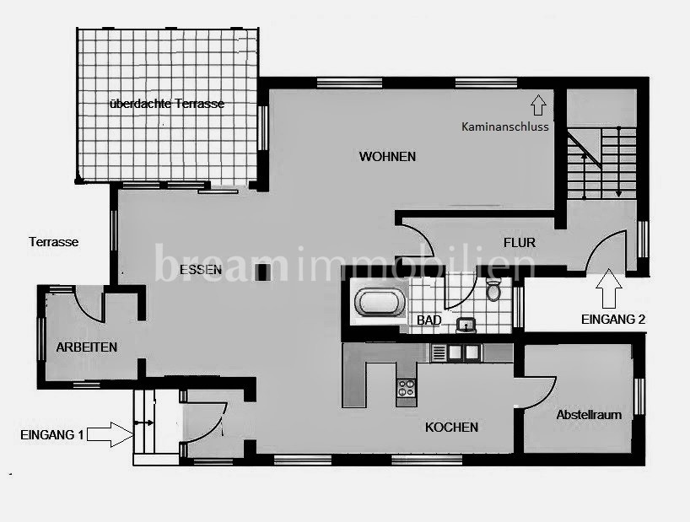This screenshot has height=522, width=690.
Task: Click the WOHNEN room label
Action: point(387,157)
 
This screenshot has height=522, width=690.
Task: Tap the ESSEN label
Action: point(201,270)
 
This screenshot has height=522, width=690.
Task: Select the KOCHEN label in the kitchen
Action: point(451,427)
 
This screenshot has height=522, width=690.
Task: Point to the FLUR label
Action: point(520,242)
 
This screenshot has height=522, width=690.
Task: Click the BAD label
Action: point(429,320)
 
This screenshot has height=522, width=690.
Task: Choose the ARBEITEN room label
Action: point(87,347)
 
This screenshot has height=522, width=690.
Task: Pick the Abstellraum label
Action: point(589,415)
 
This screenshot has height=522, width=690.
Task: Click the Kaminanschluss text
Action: point(505,126)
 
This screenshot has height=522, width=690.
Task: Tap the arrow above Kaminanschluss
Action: point(538,105)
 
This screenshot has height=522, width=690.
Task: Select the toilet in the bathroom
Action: point(493,290)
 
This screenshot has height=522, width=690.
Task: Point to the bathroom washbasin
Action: point(466,326)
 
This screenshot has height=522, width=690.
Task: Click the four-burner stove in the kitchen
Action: point(406,388)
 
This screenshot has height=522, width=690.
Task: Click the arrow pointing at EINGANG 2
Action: point(608,288)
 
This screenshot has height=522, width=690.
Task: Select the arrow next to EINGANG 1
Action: point(110,434)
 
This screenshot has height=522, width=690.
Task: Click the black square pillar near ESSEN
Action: point(263,272)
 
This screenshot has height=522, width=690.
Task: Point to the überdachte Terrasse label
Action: point(167,104)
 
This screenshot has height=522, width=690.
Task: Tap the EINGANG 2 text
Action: point(613,320)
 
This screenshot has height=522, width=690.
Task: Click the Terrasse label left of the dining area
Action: point(54,242)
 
